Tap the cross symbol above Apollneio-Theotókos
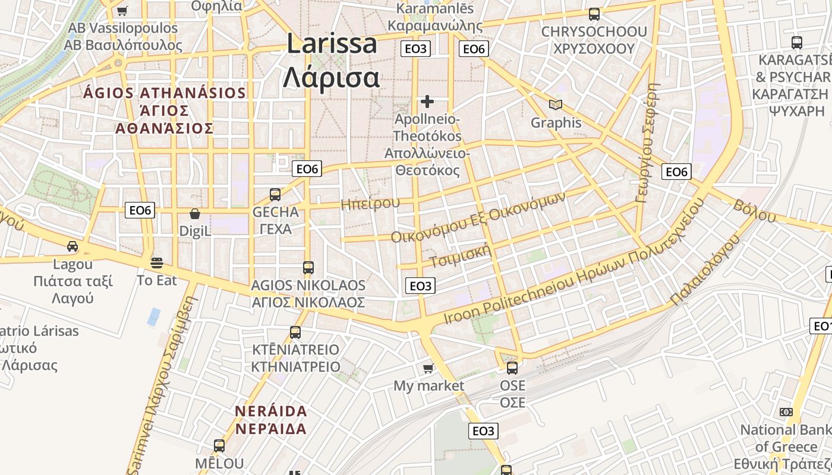[x=427, y=102]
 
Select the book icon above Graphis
[x=556, y=105]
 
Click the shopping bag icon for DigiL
[x=195, y=214]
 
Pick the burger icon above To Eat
[x=157, y=262]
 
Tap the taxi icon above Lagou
[x=73, y=246]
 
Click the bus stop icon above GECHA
[x=275, y=194]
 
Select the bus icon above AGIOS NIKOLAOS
[x=308, y=268]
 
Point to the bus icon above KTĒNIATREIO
[x=295, y=332]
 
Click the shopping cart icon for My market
[x=428, y=369]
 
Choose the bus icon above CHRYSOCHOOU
[x=594, y=14]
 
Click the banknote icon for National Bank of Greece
[x=786, y=412]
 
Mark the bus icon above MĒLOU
[x=219, y=446]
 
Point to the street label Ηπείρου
[x=370, y=204]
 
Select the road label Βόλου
[x=755, y=211]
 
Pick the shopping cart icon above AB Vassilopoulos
[x=122, y=10]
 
